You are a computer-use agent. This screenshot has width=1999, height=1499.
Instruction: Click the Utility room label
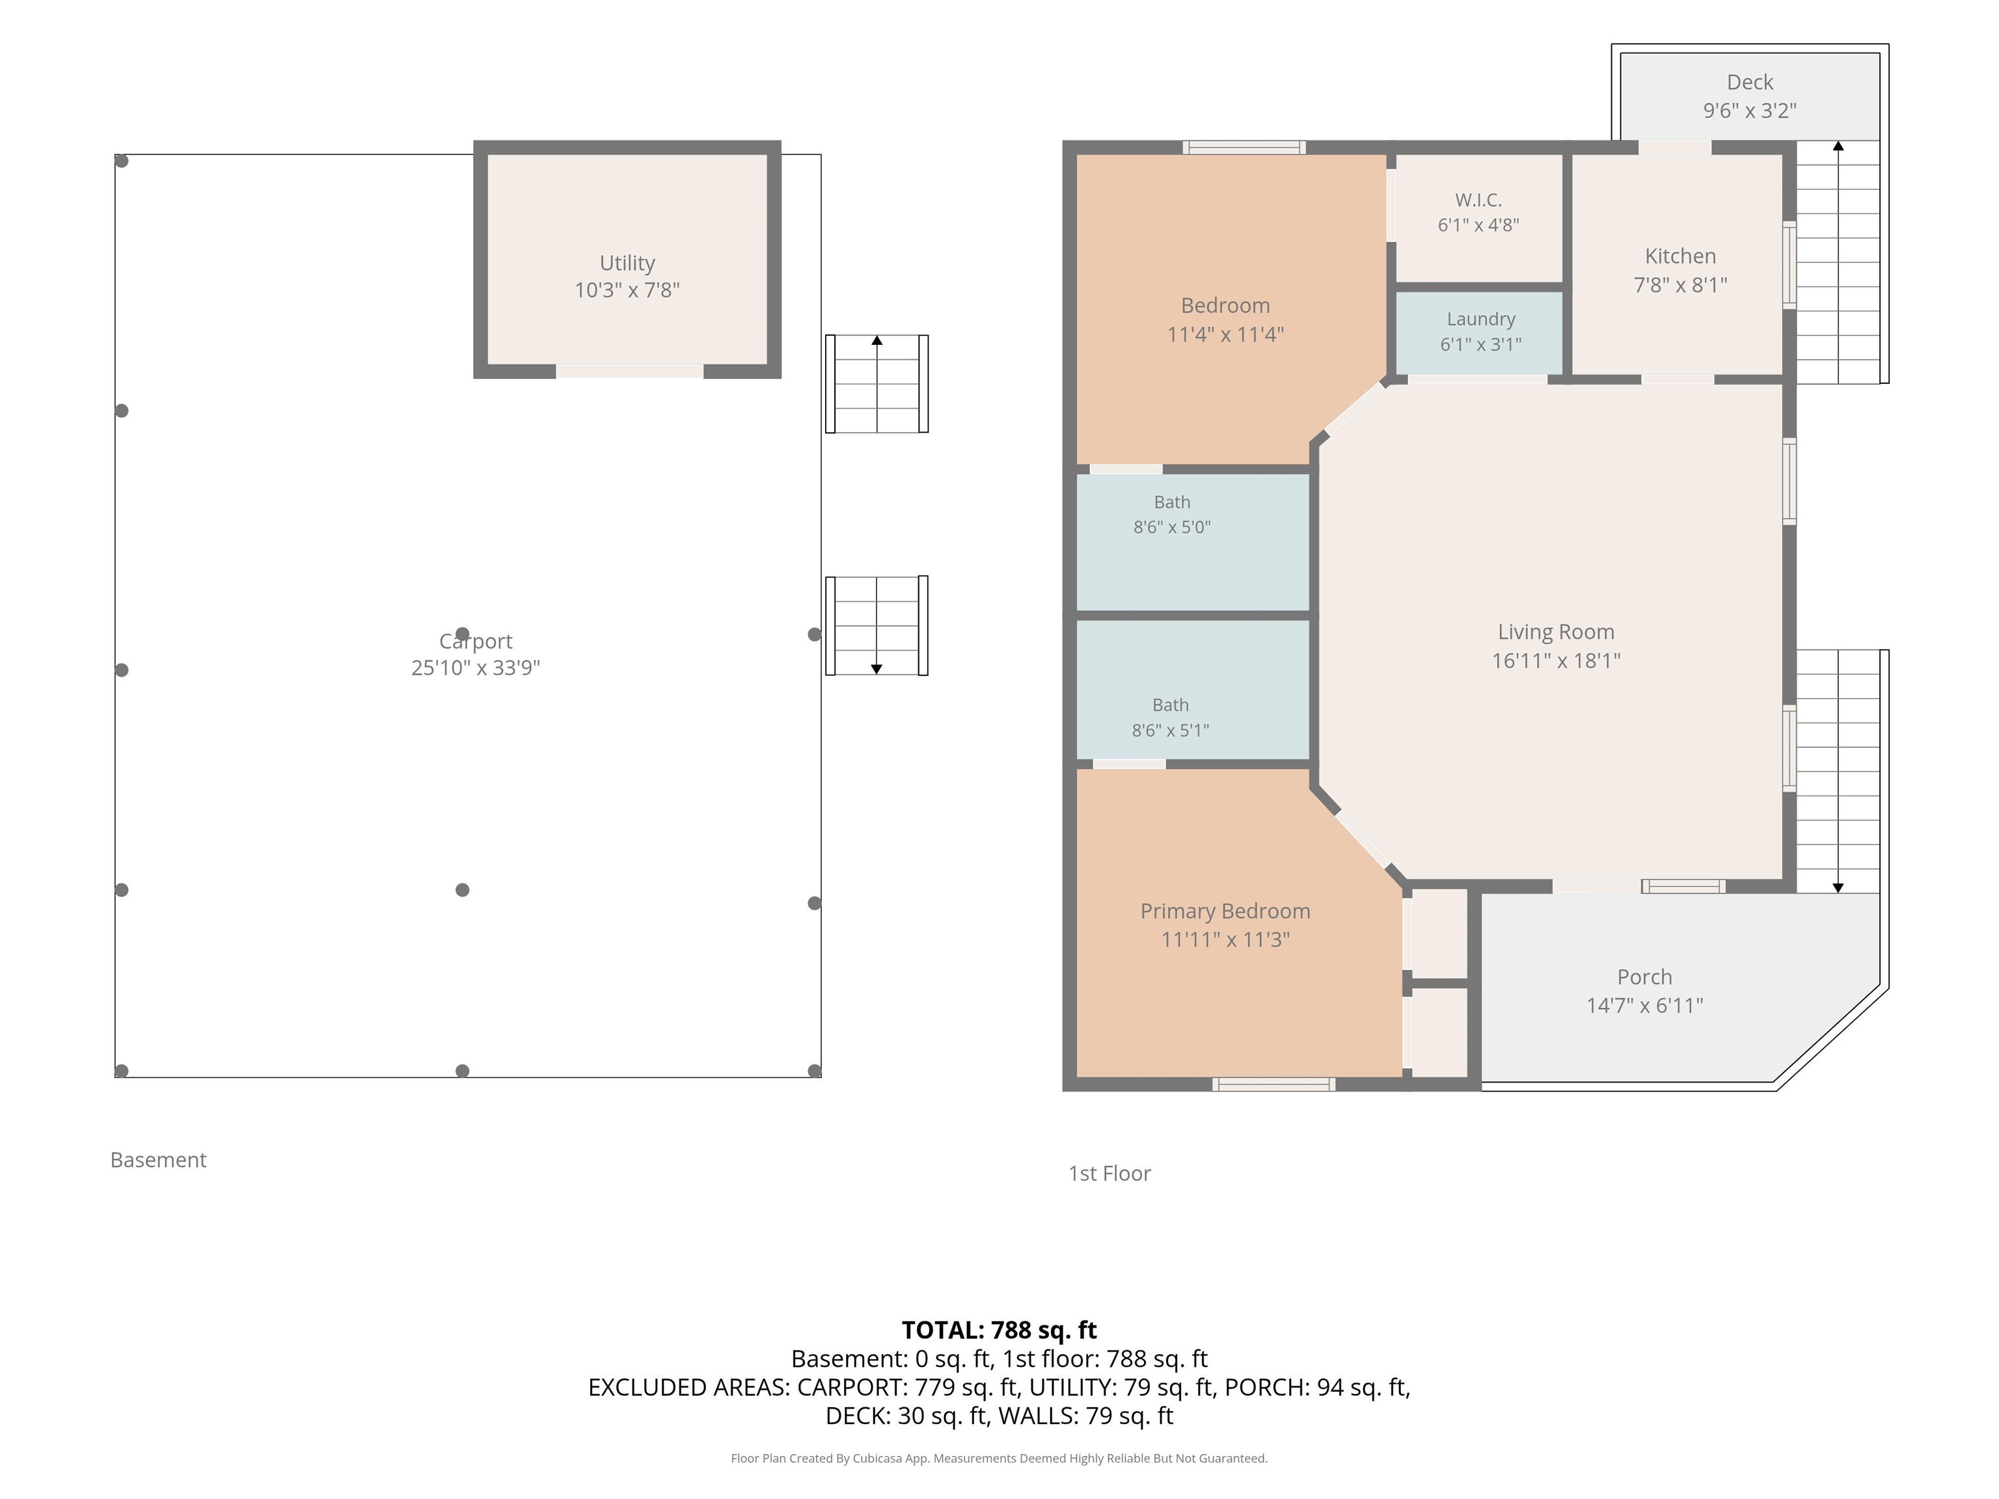point(627,263)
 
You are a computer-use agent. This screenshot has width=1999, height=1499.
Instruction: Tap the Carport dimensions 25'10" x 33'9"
point(476,668)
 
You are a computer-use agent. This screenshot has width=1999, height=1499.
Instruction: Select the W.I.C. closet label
point(1478,200)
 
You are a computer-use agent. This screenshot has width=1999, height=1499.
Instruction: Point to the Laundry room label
point(1480,319)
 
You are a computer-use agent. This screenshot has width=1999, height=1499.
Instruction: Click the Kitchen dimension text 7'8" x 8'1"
point(1680,284)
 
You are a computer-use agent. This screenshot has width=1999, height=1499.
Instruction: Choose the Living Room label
point(1556,632)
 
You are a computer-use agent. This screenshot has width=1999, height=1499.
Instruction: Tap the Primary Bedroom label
point(1225,911)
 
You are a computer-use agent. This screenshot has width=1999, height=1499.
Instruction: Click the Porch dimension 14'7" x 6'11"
point(1645,1005)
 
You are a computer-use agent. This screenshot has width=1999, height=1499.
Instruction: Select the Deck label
point(1750,82)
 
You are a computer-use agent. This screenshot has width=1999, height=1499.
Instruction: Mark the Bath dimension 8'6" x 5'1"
point(1170,730)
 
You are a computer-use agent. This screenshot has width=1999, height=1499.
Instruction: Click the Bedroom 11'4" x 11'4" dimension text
point(1225,334)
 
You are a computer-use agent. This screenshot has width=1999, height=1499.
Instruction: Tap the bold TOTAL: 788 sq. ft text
point(999,1330)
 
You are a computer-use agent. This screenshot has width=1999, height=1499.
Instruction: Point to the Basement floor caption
point(158,1159)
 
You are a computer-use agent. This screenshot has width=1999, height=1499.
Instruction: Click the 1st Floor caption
point(1109,1173)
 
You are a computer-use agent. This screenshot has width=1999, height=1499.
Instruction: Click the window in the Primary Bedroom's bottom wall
point(1273,1085)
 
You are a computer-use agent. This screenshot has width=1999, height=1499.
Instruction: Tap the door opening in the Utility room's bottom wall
point(629,371)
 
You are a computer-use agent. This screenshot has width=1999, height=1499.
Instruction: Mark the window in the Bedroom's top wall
point(1244,147)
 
